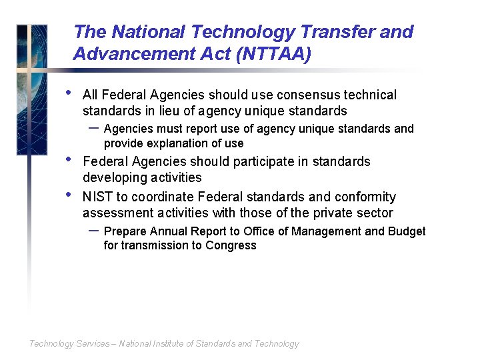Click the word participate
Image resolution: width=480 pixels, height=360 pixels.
262,162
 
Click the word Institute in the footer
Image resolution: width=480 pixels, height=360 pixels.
166,344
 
